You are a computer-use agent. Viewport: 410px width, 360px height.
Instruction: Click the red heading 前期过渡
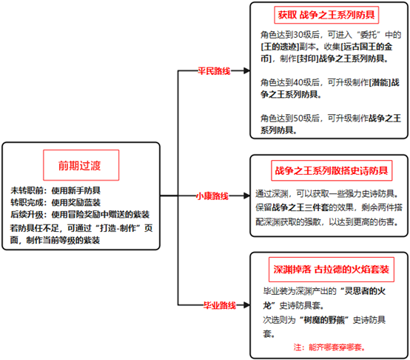[x=79, y=166]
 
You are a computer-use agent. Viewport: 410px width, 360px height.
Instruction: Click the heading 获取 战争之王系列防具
[x=326, y=15]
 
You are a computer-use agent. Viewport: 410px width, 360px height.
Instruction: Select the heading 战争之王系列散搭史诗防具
[x=332, y=170]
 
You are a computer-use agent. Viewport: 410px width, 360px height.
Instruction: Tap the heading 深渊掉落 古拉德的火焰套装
[x=332, y=269]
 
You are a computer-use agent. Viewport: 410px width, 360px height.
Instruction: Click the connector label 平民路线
[x=214, y=71]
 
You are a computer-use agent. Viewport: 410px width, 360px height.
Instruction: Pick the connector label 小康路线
[x=212, y=196]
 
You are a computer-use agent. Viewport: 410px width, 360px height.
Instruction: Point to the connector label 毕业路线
[x=220, y=305]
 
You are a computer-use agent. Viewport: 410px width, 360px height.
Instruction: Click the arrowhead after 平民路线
[x=246, y=70]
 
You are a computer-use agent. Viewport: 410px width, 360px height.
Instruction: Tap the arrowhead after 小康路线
[x=246, y=196]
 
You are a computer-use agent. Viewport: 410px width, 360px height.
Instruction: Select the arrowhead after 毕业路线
[x=246, y=305]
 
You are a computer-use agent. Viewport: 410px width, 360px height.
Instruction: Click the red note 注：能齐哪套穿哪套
[x=329, y=347]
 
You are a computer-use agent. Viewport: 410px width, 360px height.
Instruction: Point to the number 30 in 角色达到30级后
[x=298, y=35]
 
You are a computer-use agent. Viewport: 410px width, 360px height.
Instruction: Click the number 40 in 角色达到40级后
[x=298, y=83]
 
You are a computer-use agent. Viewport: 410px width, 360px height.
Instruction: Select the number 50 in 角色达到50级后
[x=298, y=119]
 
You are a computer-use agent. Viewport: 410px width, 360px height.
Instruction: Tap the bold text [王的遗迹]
[x=280, y=47]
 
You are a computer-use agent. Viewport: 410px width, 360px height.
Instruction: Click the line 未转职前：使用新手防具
[x=56, y=190]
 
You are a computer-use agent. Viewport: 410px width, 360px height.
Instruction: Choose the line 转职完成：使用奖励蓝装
[x=56, y=202]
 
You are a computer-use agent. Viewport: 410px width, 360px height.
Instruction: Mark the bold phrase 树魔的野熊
[x=324, y=320]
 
